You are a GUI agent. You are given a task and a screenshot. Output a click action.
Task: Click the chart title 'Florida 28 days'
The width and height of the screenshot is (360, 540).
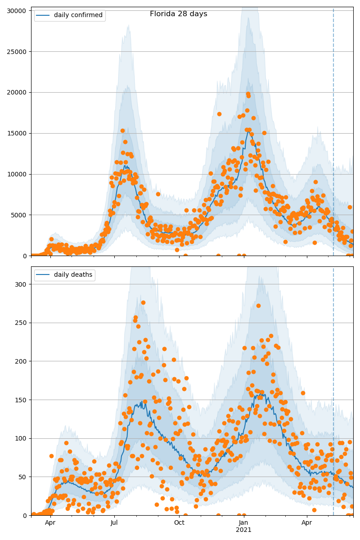[178, 14]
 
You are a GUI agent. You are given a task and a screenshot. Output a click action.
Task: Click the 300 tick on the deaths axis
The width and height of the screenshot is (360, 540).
[22, 284]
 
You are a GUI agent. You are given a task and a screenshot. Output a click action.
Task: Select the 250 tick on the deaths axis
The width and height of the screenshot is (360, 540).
[22, 323]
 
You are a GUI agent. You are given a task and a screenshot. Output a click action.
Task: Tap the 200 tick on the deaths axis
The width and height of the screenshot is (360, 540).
[22, 361]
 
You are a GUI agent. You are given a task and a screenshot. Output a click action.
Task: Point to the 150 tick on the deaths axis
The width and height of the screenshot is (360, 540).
[22, 400]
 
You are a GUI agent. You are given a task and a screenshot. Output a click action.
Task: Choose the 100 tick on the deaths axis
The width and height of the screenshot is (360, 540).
[22, 438]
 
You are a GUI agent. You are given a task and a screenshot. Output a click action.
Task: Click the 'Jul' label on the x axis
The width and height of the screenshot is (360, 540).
[114, 523]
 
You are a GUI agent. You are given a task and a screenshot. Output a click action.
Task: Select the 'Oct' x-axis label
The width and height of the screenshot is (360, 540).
[179, 523]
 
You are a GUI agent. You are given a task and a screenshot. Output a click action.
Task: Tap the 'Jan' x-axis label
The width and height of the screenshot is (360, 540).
[243, 523]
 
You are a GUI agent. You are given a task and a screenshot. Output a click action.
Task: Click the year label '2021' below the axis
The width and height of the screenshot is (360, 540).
[243, 530]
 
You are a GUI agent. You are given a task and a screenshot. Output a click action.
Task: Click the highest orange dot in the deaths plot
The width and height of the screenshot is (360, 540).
[143, 302]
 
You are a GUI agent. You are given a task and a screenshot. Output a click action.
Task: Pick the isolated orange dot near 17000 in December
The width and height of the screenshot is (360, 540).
[219, 114]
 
